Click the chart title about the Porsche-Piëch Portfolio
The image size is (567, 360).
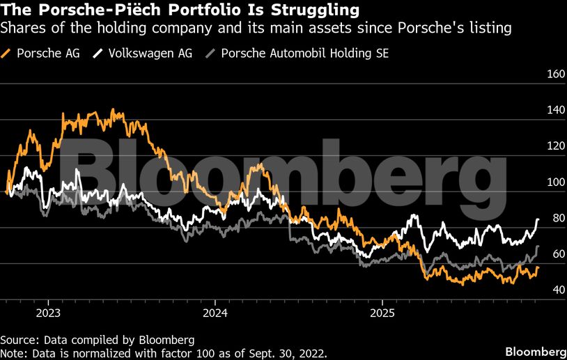pos(180,10)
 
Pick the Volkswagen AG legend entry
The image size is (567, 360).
pos(143,53)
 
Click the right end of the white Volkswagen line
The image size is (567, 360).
pos(538,219)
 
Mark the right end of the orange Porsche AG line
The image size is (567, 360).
pos(538,268)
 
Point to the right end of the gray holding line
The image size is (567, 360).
pos(538,246)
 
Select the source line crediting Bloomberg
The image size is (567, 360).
pos(97,340)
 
